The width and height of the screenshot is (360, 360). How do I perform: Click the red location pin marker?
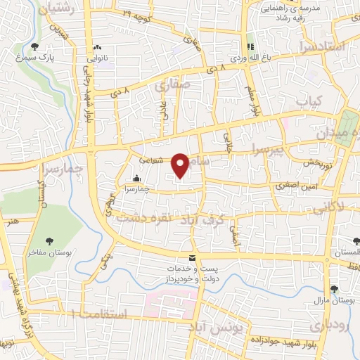point(180,165)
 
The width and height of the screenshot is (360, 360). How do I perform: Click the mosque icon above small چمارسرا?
point(136,179)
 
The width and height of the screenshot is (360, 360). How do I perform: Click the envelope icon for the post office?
point(192,258)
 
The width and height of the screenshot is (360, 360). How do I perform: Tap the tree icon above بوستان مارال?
point(335,289)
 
